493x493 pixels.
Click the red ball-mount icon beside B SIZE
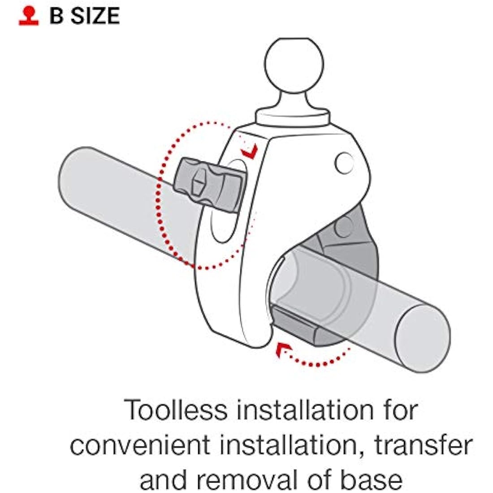[29, 16]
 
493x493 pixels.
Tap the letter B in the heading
[56, 16]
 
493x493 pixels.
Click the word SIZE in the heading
[95, 16]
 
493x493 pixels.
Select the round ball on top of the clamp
[294, 65]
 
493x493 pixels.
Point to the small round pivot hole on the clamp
[344, 163]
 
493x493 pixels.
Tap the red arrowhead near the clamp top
[250, 151]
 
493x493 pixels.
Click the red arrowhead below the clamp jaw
[282, 350]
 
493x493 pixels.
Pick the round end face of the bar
[422, 338]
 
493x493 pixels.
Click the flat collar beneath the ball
[293, 117]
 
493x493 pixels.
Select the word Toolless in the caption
[175, 410]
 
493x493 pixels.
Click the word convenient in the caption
[140, 445]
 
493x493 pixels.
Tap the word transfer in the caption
[423, 445]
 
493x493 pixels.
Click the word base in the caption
[372, 480]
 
